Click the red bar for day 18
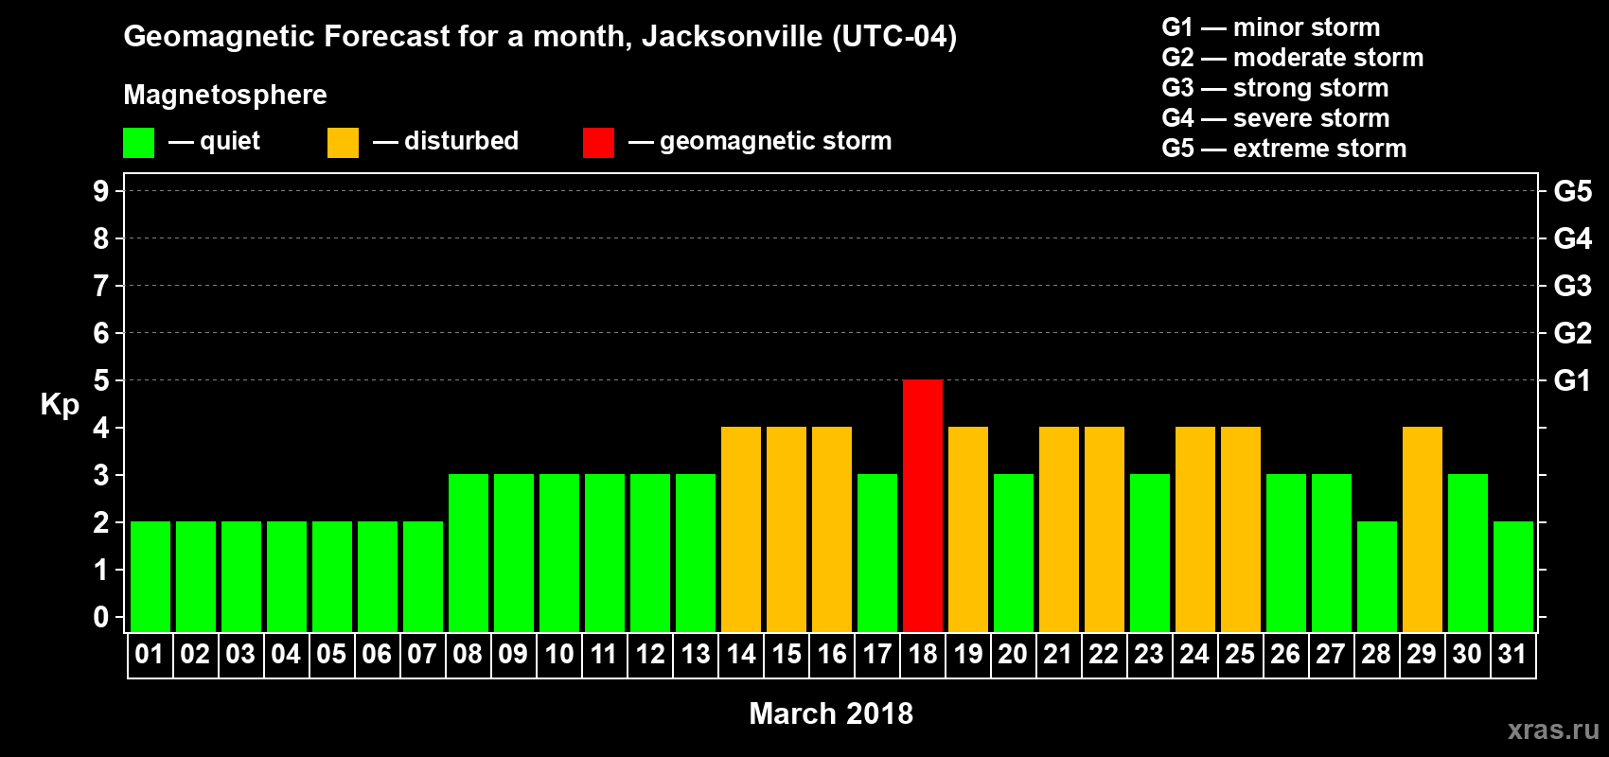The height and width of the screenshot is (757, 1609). pos(922,505)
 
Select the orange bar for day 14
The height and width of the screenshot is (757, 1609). pos(740,529)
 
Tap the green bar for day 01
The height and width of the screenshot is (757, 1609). pos(150,576)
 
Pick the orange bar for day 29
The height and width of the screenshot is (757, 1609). pos(1422,529)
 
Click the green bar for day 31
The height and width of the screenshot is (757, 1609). pos(1512,576)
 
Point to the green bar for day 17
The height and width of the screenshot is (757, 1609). pos(876,553)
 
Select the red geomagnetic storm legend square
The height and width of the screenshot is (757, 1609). pos(598,143)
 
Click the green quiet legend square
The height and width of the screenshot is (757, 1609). pos(138,143)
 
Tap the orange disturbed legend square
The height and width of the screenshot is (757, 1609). pos(343,143)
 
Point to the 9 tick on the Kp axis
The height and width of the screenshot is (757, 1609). pos(101,191)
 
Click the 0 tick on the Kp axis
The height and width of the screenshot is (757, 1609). pos(101,617)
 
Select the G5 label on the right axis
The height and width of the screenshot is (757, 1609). pos(1572,191)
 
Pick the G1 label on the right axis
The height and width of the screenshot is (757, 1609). pos(1572,380)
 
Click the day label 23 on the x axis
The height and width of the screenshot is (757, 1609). pos(1148,654)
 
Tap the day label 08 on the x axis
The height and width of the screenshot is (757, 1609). pos(467,654)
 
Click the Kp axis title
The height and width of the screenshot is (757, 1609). pos(60,405)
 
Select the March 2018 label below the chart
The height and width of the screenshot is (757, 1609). pos(831,713)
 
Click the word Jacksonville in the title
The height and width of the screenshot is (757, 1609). pos(732,37)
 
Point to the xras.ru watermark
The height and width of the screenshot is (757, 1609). pos(1553,730)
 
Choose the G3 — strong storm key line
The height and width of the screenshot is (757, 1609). pos(1275,88)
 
